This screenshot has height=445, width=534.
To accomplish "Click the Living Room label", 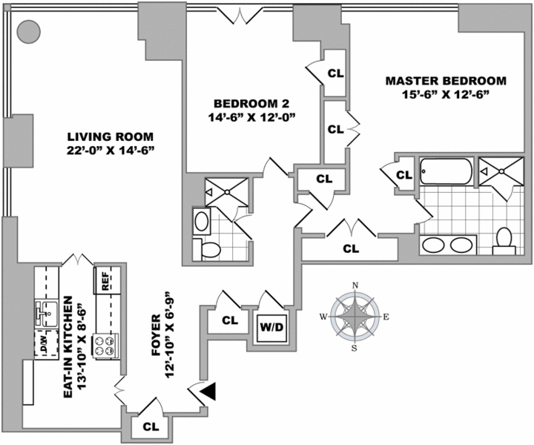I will point(110,137).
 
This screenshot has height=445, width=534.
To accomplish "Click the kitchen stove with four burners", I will point(107,344).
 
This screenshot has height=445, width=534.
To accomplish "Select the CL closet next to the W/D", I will point(230,320).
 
